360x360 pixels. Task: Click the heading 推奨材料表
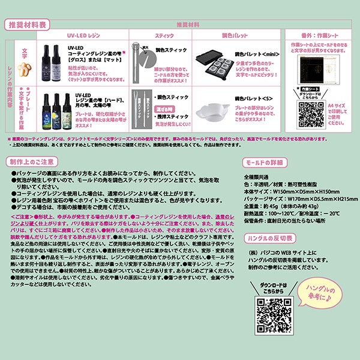coord(27,25)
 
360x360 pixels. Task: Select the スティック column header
coord(164,37)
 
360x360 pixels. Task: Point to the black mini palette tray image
coord(215,63)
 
